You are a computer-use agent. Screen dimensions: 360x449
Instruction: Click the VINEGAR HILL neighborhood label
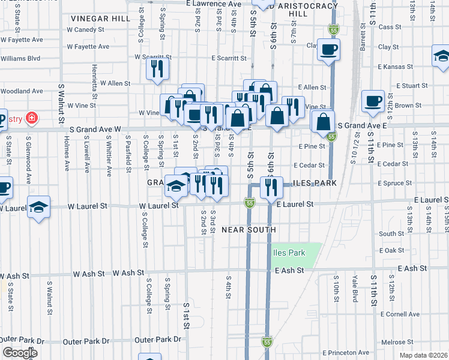coord(100,19)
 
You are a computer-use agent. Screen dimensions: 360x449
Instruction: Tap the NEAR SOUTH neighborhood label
coord(249,230)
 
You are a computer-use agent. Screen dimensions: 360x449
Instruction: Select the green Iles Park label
coord(289,253)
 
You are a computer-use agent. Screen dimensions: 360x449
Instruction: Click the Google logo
coord(20,353)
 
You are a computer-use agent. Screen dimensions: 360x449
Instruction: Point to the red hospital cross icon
coord(31,118)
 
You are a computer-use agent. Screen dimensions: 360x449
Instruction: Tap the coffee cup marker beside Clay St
coord(328,50)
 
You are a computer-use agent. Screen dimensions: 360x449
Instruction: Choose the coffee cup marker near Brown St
coord(373,100)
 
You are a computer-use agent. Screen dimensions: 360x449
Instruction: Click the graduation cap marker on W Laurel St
coord(39,208)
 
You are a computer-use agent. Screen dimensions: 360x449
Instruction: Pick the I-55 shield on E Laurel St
coord(250,204)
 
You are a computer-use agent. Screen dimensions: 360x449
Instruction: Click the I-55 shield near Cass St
coord(334,29)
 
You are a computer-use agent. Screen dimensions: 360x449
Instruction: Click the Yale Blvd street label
coord(355,289)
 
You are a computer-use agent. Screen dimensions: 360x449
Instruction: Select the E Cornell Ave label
coord(400,314)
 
